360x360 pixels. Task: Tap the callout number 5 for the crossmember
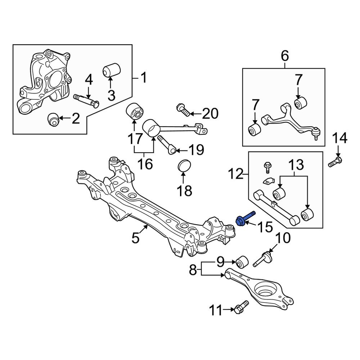click(135, 238)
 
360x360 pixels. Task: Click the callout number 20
click(210, 114)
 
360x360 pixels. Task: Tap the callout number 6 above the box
click(284, 56)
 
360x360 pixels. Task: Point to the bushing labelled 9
click(242, 262)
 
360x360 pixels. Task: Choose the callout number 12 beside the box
click(237, 175)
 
